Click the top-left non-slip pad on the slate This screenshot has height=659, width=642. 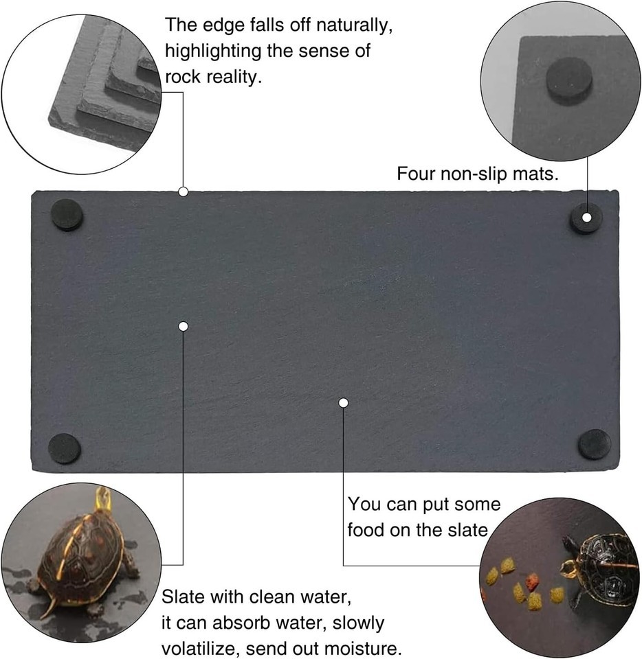coord(67,215)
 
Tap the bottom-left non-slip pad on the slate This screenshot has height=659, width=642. coord(65,448)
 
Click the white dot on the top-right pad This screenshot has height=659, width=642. coord(586,218)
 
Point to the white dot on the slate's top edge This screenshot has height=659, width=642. coord(183,192)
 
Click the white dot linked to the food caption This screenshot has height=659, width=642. coord(343,403)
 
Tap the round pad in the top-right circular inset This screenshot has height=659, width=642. coord(569,80)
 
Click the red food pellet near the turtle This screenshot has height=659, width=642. coord(532,582)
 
